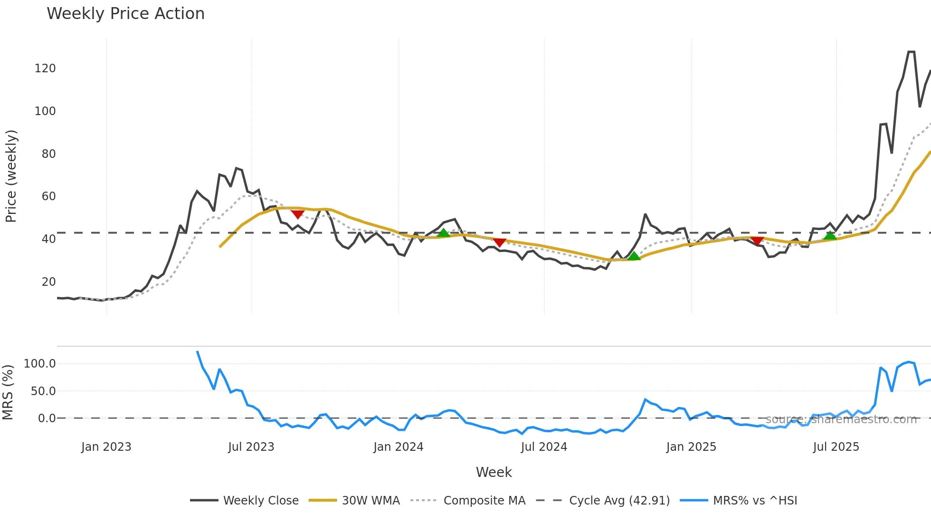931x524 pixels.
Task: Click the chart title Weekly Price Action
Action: [x=125, y=14]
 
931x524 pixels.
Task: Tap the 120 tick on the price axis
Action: [x=45, y=68]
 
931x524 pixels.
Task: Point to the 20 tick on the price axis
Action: [x=48, y=282]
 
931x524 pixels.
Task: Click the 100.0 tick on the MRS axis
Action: [x=40, y=364]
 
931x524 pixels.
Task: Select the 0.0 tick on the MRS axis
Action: [x=47, y=418]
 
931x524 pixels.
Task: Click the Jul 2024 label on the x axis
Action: [x=544, y=447]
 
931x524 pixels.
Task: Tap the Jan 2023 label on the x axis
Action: [x=106, y=447]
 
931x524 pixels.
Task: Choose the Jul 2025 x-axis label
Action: [x=836, y=447]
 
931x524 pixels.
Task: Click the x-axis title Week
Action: [x=494, y=472]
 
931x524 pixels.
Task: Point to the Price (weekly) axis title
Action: [x=10, y=176]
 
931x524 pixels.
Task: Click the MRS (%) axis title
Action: [x=8, y=392]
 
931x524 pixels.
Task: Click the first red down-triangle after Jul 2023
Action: [x=297, y=214]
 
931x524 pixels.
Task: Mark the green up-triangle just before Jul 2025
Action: [x=830, y=235]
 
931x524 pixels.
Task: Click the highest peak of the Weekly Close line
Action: [x=911, y=52]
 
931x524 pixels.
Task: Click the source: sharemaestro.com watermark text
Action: [x=841, y=419]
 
